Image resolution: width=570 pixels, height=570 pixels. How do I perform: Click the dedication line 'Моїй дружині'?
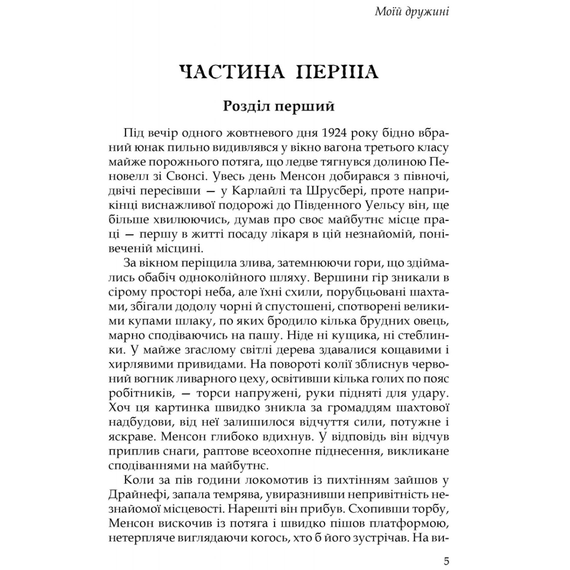tap(412, 11)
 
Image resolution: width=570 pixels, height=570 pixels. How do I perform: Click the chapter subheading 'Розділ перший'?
tap(279, 106)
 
